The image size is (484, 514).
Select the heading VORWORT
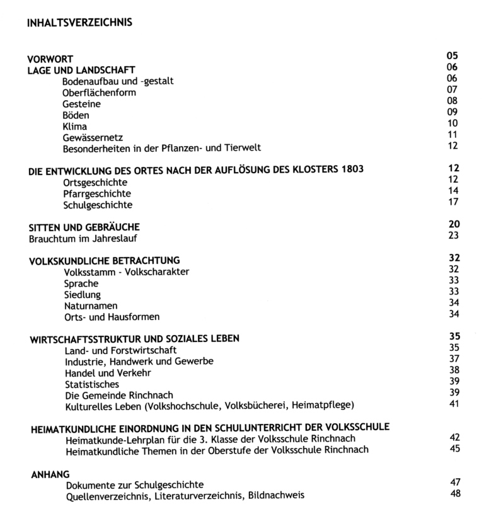point(50,59)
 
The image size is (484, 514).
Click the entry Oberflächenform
point(99,93)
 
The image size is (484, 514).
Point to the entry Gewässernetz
point(93,137)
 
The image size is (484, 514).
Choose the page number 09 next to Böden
point(452,112)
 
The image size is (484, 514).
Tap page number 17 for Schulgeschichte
point(453,203)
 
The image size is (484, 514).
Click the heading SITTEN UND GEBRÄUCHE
point(84,227)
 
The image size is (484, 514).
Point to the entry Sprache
point(81,283)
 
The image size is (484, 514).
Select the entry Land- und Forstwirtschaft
point(120,350)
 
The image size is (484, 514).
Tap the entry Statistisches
point(92,384)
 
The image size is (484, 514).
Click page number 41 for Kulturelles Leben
point(454,403)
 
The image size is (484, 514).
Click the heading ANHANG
point(50,473)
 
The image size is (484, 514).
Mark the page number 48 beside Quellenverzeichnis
point(456,493)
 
